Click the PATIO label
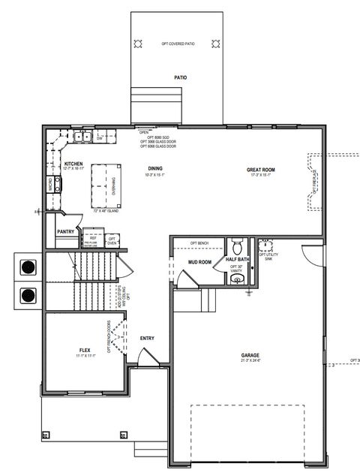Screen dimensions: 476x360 (180, 77)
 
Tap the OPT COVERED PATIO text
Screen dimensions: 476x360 (177, 44)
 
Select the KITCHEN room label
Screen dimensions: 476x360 (73, 164)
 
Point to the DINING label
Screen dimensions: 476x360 (155, 169)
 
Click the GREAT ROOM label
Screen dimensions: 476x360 (261, 170)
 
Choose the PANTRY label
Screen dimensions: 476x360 (65, 232)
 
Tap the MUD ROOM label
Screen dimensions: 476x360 (199, 263)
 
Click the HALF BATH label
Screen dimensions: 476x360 (237, 260)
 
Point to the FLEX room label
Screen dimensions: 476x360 (85, 351)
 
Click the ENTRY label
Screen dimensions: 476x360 (147, 338)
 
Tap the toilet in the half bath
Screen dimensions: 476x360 (237, 246)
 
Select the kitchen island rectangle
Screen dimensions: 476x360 (106, 186)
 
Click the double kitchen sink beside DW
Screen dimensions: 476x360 (82, 137)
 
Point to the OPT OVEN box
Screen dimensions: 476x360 (112, 240)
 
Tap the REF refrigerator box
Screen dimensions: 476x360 (92, 239)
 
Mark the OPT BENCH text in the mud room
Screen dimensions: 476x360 (199, 244)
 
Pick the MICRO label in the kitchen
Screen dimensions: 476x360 (51, 184)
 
